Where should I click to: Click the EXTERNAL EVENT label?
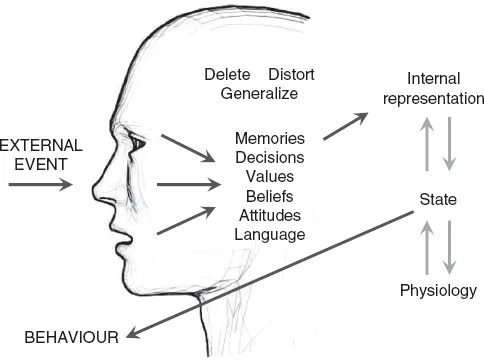click(42, 154)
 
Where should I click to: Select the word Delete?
click(227, 75)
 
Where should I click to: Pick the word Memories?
click(270, 138)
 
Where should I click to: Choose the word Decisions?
click(270, 157)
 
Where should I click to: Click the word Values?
click(270, 176)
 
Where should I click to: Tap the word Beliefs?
click(270, 195)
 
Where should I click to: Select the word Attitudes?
click(270, 214)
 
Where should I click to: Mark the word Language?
click(270, 233)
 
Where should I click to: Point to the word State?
click(437, 201)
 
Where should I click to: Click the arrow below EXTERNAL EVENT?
click(38, 184)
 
